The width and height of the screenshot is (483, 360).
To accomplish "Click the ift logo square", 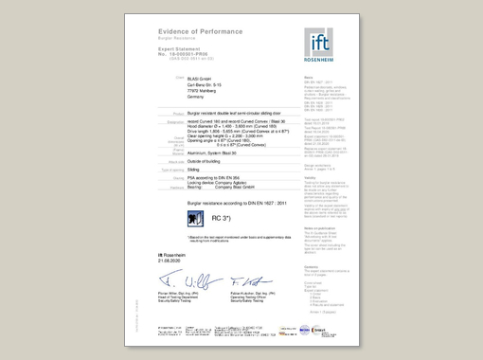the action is tap(321, 42).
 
